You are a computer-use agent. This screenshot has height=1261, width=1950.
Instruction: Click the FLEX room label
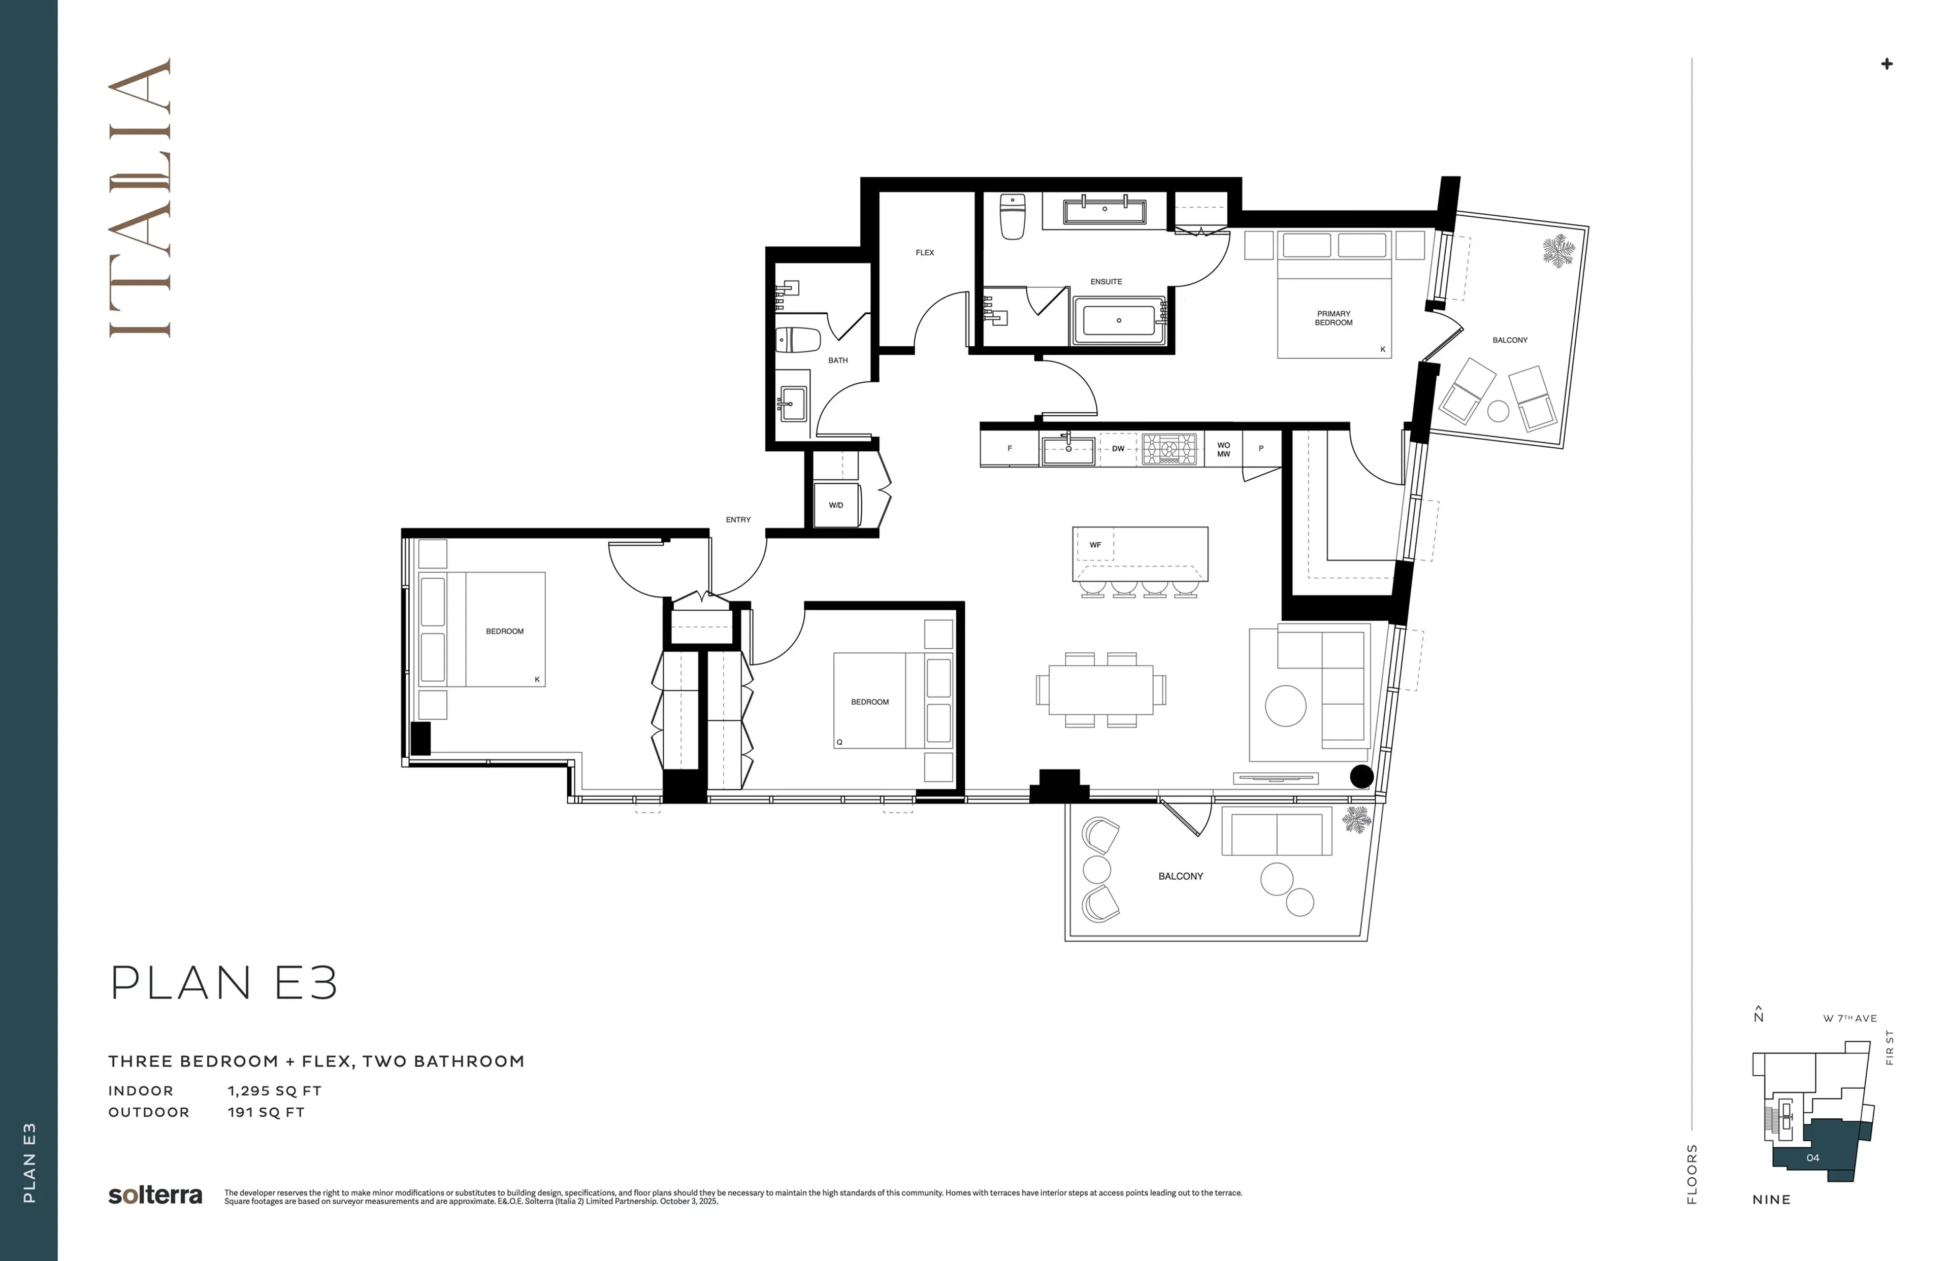tap(925, 252)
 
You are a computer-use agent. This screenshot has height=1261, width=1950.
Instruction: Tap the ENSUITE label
tap(1106, 282)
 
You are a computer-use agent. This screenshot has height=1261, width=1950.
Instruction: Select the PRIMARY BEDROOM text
tap(1334, 318)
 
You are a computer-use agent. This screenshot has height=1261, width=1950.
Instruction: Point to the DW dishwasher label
tap(1118, 449)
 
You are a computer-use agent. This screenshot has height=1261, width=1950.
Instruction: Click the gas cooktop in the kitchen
tap(1169, 449)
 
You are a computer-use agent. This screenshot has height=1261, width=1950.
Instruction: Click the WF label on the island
tap(1095, 545)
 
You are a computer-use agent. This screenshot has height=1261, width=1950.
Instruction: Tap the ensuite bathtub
tap(1119, 320)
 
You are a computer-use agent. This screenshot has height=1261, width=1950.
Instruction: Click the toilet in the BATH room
tap(798, 340)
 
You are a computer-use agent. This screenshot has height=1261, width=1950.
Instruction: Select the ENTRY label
tap(738, 519)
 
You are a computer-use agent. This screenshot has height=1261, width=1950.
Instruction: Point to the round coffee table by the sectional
tap(1285, 706)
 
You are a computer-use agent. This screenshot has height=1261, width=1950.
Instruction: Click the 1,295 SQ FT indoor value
tap(274, 1090)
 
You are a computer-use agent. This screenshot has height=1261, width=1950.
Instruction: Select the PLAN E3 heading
tap(223, 983)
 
